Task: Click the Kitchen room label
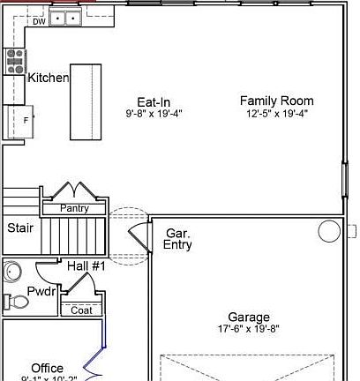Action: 48,78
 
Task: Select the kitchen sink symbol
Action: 65,17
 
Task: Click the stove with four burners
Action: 16,60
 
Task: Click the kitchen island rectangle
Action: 86,101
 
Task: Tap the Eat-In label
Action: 154,101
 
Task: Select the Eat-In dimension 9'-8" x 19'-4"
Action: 154,114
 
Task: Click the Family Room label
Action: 277,101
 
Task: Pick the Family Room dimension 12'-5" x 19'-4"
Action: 277,114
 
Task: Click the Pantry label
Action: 74,208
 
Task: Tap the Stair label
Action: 20,228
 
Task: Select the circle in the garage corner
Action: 329,232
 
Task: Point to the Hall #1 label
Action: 86,265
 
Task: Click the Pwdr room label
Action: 41,291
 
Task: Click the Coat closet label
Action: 81,310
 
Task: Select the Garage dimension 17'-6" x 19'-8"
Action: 249,330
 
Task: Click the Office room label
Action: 47,368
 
